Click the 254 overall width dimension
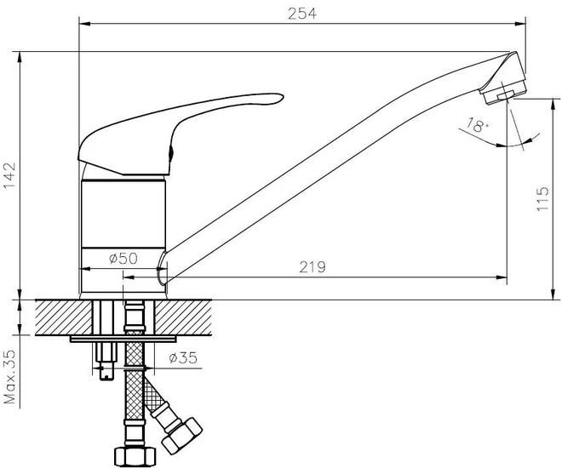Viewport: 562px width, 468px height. [x=302, y=14]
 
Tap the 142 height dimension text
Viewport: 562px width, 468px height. [x=9, y=175]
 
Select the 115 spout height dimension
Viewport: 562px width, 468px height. [x=542, y=198]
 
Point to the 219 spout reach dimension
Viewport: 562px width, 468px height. [x=313, y=267]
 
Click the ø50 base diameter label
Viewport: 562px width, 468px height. [x=123, y=258]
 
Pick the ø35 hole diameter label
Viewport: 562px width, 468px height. [x=183, y=357]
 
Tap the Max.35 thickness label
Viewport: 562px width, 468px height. [x=9, y=377]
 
